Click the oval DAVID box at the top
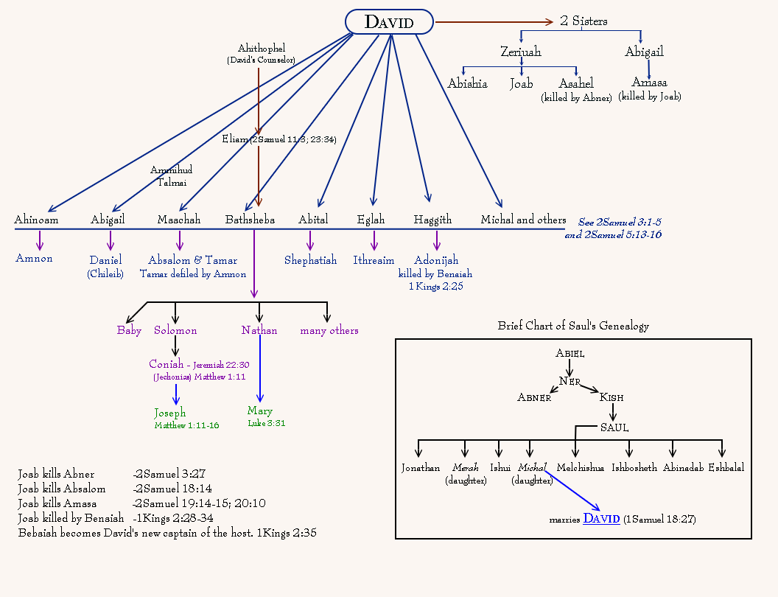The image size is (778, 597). click(x=389, y=22)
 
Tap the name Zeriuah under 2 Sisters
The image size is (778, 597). click(x=520, y=52)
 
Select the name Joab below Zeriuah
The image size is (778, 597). click(x=521, y=84)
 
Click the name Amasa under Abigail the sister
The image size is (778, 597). click(x=649, y=83)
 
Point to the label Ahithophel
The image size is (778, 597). click(x=260, y=49)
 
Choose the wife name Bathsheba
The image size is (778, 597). click(x=250, y=220)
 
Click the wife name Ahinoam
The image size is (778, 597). click(x=36, y=220)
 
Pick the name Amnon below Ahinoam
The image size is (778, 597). click(x=34, y=259)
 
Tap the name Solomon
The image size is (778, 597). click(x=175, y=330)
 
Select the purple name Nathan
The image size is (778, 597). click(x=259, y=330)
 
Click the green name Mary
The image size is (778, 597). click(x=260, y=411)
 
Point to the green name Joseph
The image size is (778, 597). click(x=170, y=413)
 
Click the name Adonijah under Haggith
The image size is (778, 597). click(x=436, y=260)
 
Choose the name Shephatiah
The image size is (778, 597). click(x=310, y=260)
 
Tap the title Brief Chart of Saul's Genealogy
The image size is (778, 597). click(x=573, y=326)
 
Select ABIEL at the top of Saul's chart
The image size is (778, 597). click(x=570, y=354)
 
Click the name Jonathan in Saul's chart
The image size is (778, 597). click(x=421, y=468)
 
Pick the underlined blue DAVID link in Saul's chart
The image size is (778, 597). click(x=601, y=519)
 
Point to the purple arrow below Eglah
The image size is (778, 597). click(x=374, y=240)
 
